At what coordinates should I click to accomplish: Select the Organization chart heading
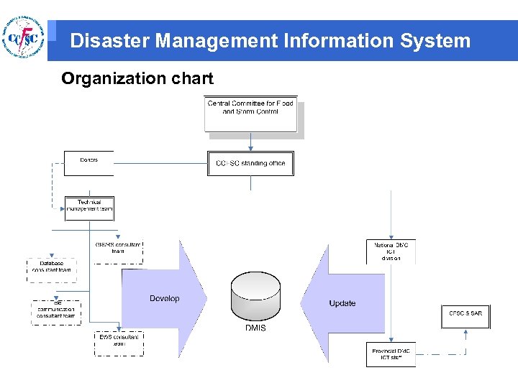pos(137,78)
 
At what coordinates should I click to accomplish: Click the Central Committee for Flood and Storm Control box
pos(250,114)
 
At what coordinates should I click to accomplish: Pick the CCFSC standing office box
pos(250,163)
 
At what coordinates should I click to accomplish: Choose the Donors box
pos(88,163)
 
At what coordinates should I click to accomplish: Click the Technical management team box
pos(89,208)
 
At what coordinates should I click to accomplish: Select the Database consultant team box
pos(51,267)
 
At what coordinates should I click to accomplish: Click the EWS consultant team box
pos(119,342)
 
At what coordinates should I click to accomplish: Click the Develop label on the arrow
pos(164,298)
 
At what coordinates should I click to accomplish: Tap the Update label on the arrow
pos(342,303)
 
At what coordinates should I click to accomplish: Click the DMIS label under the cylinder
pos(255,328)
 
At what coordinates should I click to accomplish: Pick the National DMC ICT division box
pos(391,251)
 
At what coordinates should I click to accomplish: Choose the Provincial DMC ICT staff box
pos(391,354)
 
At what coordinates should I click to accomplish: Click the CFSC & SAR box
pos(465,314)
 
